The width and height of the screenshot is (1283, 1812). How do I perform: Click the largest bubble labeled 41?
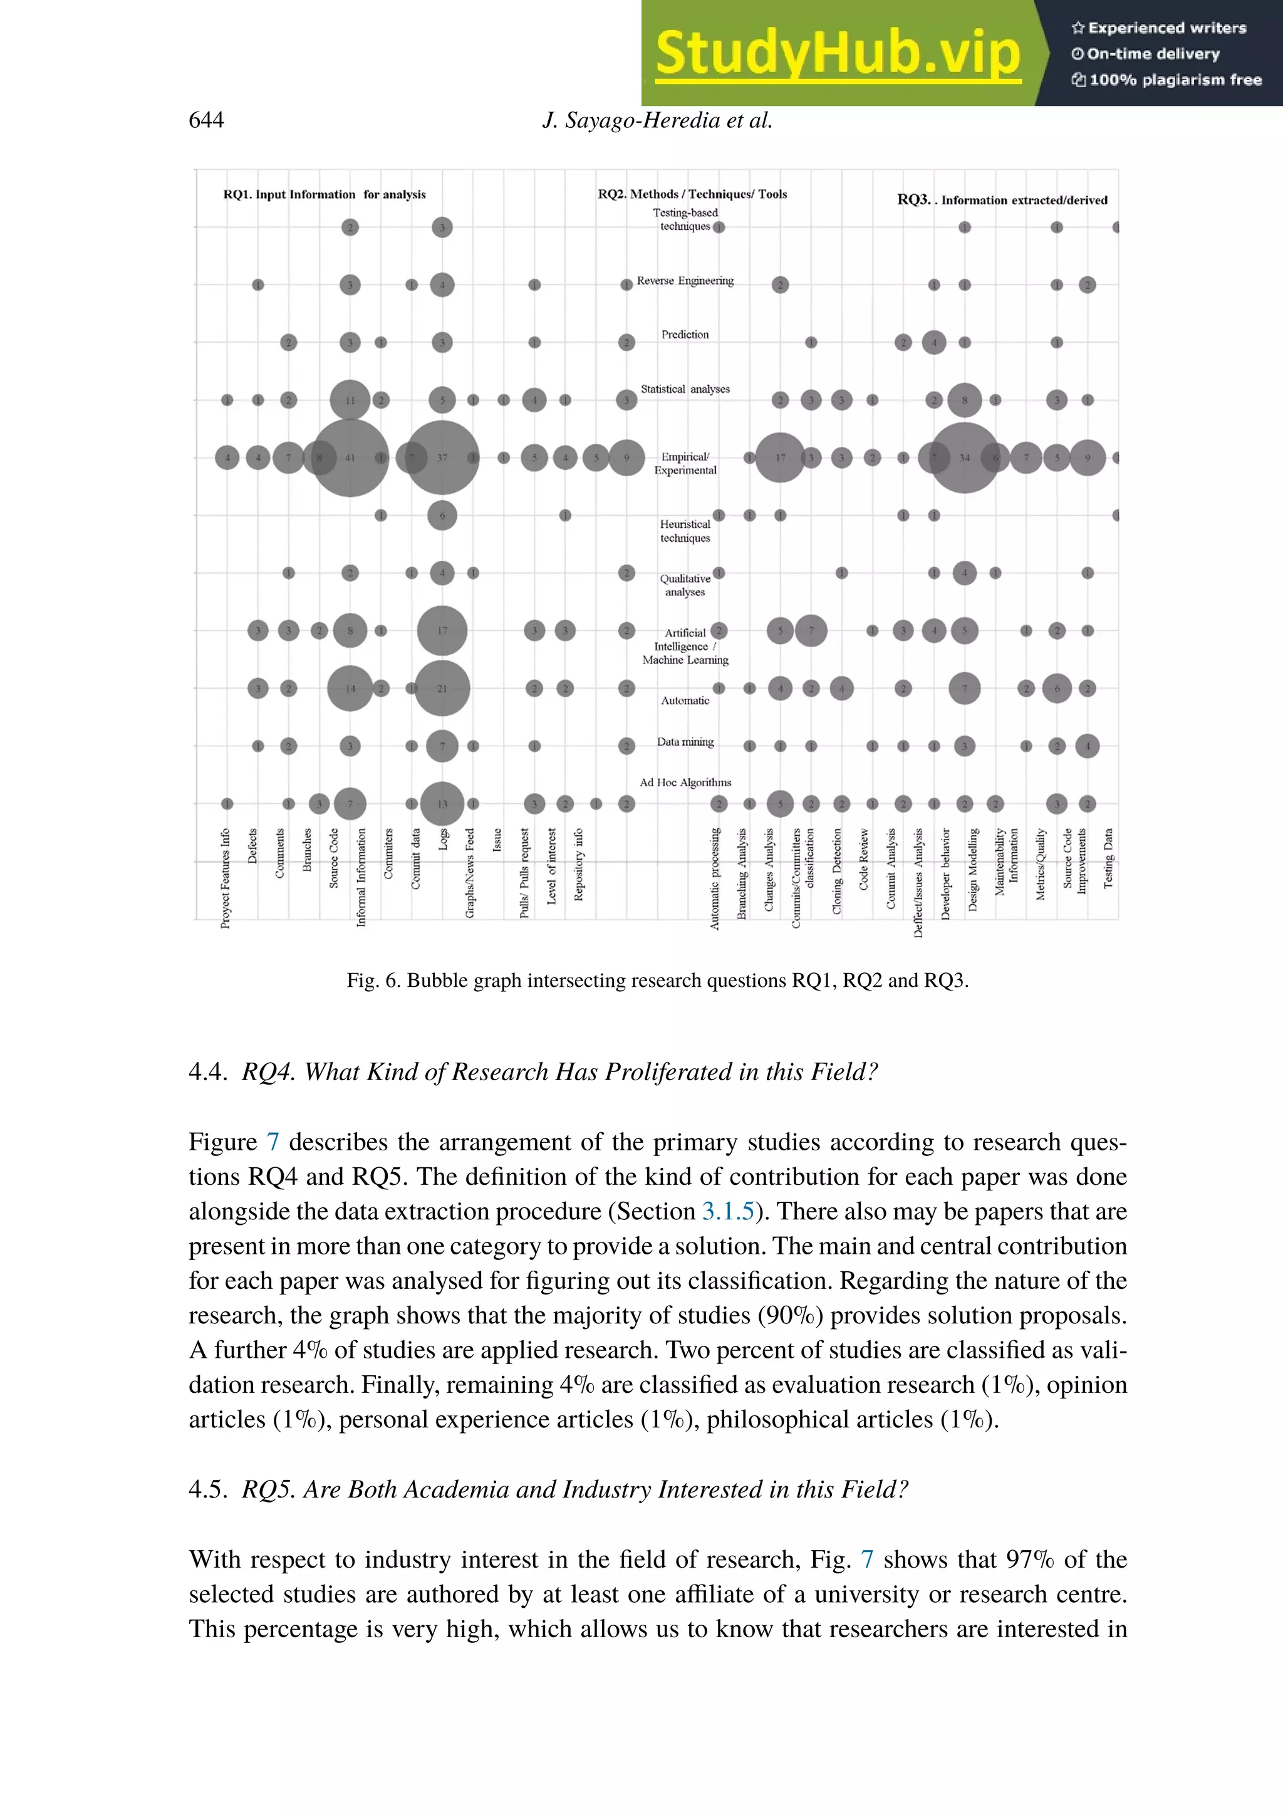(350, 457)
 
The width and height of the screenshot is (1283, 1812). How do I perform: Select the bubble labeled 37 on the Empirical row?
(442, 457)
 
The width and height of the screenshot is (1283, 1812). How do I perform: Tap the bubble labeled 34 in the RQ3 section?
(964, 457)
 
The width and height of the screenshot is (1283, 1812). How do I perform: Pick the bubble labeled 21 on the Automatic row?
(442, 689)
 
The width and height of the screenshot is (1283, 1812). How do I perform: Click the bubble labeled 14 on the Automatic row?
(350, 689)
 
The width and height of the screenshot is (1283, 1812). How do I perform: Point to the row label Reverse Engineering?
(685, 281)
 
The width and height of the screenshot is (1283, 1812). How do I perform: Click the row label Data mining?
(685, 742)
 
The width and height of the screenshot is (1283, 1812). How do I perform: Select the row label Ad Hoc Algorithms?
(685, 783)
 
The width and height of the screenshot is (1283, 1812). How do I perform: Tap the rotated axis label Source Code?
(334, 859)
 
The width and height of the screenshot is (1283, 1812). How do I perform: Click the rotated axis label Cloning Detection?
(838, 871)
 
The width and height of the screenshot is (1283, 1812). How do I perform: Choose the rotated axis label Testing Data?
(1108, 859)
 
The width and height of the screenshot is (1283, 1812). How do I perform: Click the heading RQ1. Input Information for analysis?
(324, 194)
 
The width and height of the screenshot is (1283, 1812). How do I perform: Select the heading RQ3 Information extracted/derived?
(1002, 200)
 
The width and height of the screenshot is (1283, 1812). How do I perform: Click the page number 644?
(206, 120)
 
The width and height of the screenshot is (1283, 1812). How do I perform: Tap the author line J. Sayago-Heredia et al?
(657, 120)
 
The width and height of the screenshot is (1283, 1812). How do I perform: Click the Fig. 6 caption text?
(657, 981)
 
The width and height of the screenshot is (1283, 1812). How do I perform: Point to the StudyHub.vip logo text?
(838, 54)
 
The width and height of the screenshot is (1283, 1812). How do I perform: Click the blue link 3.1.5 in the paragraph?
(727, 1211)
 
